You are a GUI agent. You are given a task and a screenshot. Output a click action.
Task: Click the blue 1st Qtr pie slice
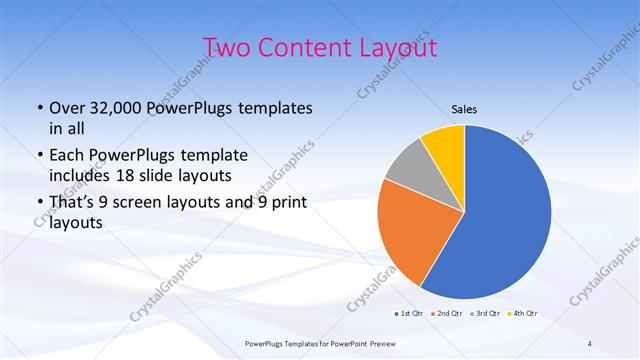pyautogui.click(x=510, y=220)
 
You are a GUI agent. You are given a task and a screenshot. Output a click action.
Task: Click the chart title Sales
pyautogui.click(x=463, y=109)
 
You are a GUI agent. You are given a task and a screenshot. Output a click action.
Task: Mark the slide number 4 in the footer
pyautogui.click(x=590, y=344)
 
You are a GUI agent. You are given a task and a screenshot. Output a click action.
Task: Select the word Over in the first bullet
pyautogui.click(x=68, y=108)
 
